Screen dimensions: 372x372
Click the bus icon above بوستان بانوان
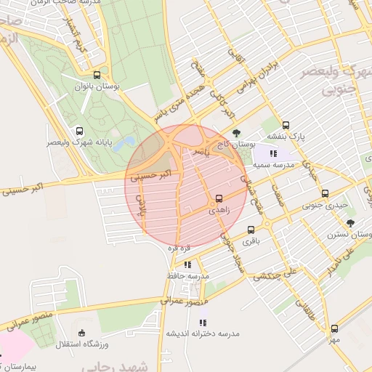click(97, 75)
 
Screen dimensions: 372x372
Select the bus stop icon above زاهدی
click(219, 198)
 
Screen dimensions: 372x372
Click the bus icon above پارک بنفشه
click(286, 125)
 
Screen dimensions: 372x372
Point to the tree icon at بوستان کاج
click(237, 133)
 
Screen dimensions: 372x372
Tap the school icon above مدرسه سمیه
click(273, 153)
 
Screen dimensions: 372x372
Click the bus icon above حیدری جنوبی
click(325, 194)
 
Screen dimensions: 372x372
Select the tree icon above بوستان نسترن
click(350, 223)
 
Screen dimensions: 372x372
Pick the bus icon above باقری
click(251, 229)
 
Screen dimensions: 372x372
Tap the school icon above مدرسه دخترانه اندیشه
click(203, 322)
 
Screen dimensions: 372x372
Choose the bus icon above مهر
click(334, 328)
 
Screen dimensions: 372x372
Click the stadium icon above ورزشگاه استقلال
click(81, 332)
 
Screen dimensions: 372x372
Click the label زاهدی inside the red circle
click(219, 209)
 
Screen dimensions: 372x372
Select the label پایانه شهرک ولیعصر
click(80, 143)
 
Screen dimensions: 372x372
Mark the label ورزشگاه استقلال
click(81, 343)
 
